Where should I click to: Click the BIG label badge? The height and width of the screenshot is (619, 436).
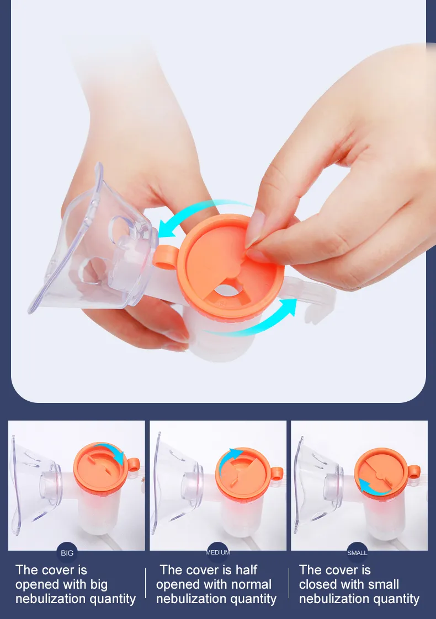[x=67, y=552]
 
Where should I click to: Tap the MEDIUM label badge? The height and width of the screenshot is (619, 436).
[x=217, y=552]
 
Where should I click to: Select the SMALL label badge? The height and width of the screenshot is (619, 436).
[x=357, y=552]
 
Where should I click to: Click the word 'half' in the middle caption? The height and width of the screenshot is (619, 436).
[x=243, y=570]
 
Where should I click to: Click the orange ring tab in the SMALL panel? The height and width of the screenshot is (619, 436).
[x=414, y=472]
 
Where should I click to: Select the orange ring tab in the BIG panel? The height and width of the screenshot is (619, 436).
[x=133, y=464]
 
